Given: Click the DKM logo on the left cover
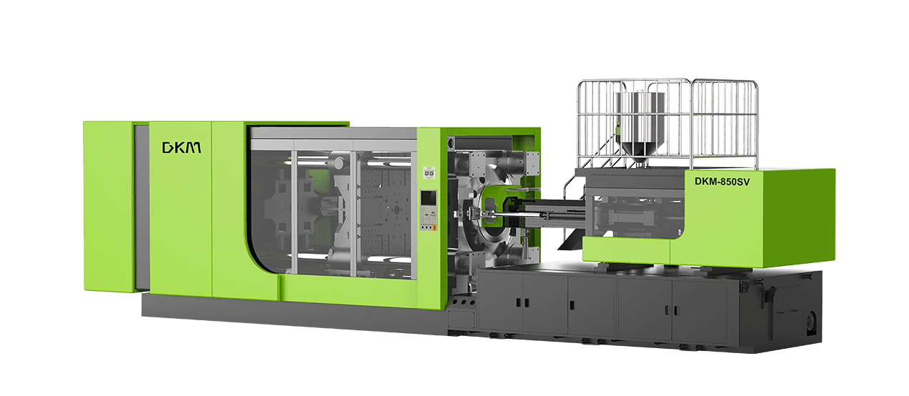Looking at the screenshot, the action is point(182,148).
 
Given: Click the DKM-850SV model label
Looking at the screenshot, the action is point(722,182).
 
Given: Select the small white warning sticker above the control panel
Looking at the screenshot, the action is point(429,172).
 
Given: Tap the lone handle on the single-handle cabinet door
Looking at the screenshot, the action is point(572,305).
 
